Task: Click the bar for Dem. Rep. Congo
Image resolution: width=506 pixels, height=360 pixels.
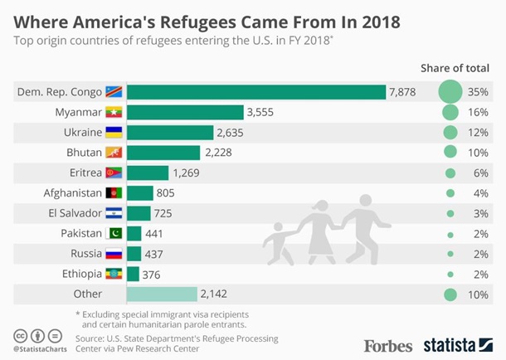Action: (255, 91)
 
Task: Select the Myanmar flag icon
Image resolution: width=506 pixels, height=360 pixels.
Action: (114, 112)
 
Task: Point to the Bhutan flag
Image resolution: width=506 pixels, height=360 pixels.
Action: (114, 153)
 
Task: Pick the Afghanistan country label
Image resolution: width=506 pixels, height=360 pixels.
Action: (71, 193)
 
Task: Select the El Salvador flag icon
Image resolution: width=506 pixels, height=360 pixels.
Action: (114, 213)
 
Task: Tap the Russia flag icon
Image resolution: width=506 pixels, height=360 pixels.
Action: (114, 254)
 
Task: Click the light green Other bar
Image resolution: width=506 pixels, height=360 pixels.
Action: (161, 294)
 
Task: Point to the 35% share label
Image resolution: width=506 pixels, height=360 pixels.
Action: (478, 91)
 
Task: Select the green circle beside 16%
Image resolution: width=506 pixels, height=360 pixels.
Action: (450, 112)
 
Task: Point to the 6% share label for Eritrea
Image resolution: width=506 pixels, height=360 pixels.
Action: (478, 173)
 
